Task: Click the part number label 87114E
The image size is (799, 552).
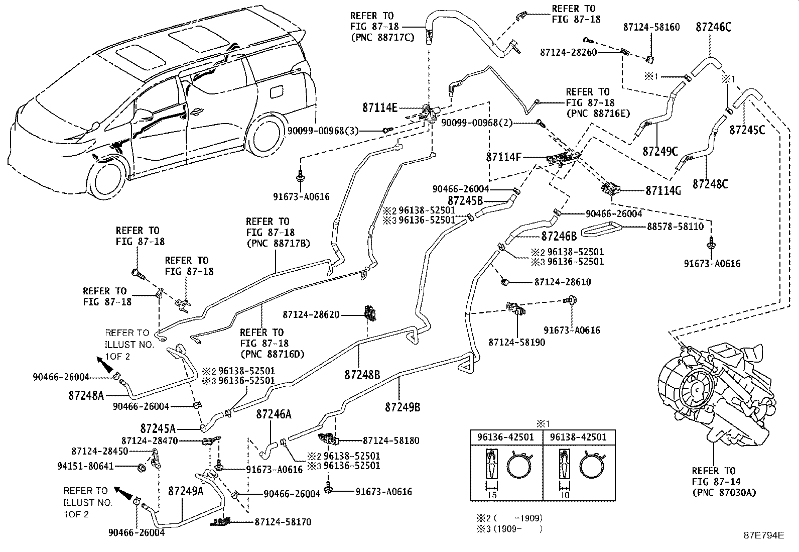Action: pos(380,107)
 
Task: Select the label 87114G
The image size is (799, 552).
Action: pos(663,190)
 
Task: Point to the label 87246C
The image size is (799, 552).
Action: pos(713,27)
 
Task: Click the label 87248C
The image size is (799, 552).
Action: pos(710,184)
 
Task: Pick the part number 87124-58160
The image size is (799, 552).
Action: pos(651,27)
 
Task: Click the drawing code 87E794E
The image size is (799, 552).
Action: pos(763,534)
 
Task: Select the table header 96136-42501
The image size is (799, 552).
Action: pos(506,437)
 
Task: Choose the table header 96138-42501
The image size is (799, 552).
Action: pos(578,437)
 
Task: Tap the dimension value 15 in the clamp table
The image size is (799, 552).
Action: pos(492,495)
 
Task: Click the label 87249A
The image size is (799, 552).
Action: pos(186,491)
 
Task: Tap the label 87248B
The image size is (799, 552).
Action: pos(362,375)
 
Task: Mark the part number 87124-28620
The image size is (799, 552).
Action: pos(311,314)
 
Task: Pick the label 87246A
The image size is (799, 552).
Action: pos(274,414)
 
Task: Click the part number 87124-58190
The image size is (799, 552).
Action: pos(516,342)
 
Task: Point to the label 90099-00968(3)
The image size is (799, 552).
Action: pos(323,131)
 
